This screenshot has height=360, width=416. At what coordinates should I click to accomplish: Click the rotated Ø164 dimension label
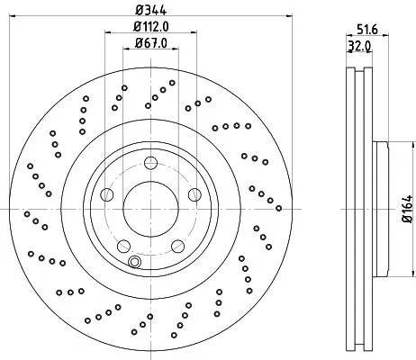(404, 211)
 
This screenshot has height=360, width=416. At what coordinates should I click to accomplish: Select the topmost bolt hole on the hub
(150, 164)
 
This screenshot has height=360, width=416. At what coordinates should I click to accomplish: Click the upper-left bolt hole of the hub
(108, 194)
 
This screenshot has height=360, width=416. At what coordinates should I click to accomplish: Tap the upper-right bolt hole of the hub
(194, 194)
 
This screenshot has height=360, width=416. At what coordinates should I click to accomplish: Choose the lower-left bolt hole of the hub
(124, 245)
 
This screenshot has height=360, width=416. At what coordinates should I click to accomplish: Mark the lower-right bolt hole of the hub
(177, 245)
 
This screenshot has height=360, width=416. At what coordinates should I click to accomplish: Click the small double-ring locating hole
(135, 263)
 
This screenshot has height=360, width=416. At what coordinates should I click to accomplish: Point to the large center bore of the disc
(150, 211)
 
